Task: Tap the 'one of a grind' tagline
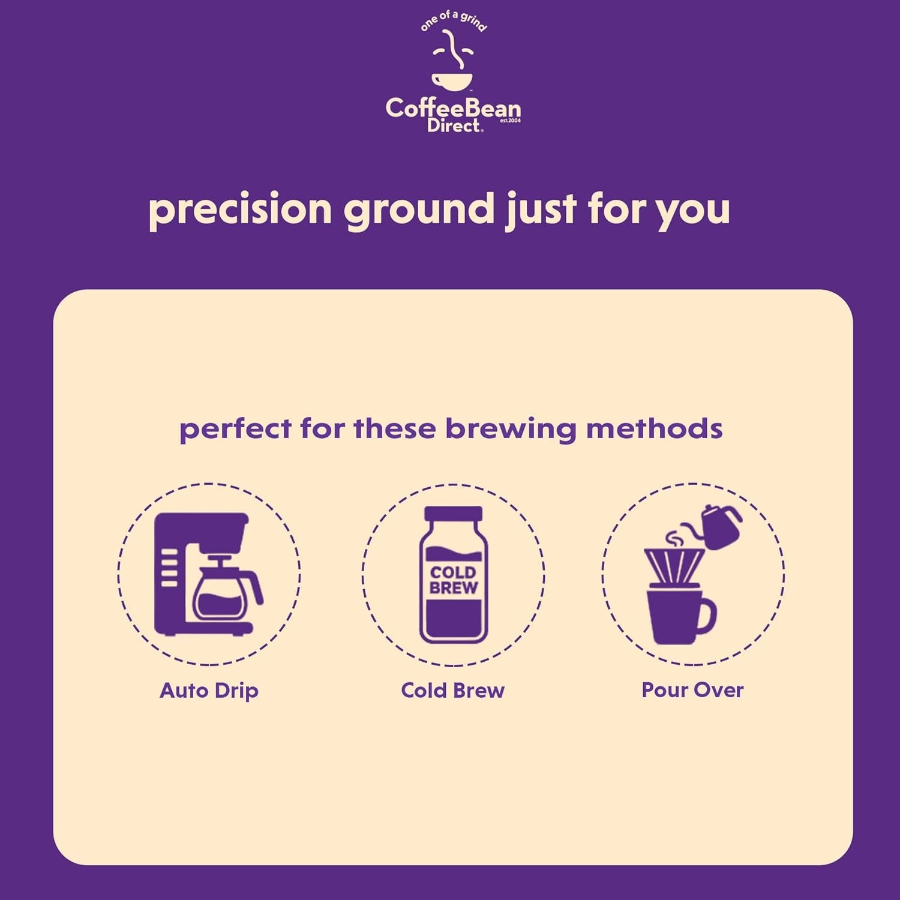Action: (454, 20)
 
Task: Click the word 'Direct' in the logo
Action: (454, 125)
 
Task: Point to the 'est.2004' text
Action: (510, 121)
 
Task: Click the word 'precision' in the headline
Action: (240, 210)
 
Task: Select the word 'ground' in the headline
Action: (419, 210)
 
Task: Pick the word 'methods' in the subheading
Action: (654, 428)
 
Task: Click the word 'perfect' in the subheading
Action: (235, 430)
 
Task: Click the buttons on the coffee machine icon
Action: (169, 567)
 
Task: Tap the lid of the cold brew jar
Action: (453, 514)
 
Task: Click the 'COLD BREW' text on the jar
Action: (454, 580)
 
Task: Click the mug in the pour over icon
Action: (679, 616)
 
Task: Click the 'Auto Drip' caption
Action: (209, 691)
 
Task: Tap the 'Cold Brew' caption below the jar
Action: (453, 690)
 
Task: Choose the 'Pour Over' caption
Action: (692, 690)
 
